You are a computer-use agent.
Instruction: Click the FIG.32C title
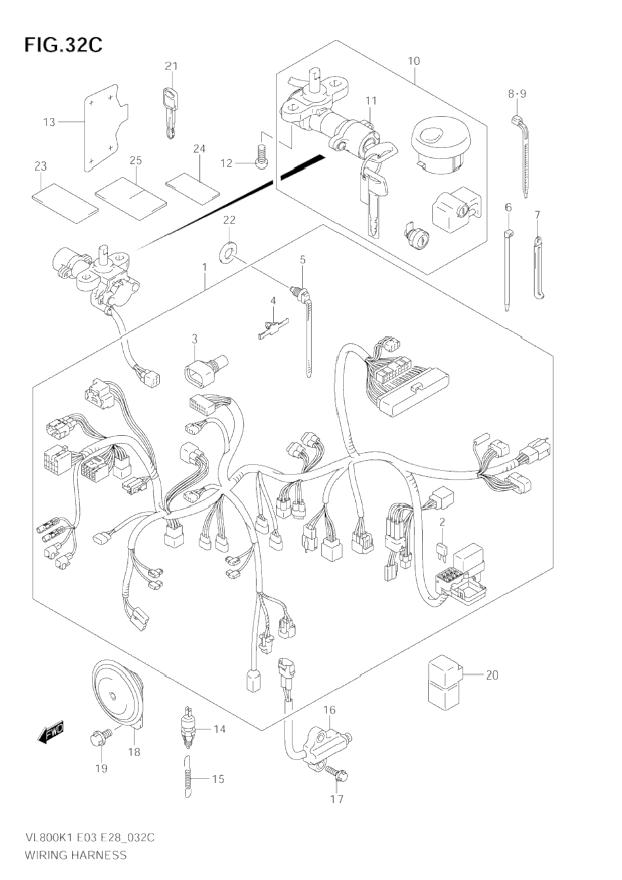click(63, 45)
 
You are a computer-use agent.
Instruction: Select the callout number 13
click(50, 123)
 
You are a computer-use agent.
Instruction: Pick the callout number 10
click(414, 62)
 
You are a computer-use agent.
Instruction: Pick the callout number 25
click(136, 161)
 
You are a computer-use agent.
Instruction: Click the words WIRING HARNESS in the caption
click(75, 854)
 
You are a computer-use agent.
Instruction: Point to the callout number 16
click(329, 710)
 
